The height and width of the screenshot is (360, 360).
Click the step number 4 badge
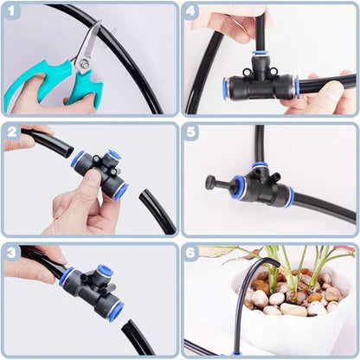(191, 12)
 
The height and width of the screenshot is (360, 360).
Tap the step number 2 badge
(12, 132)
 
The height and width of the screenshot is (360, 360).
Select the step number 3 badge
(12, 252)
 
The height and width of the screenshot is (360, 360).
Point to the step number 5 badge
(191, 132)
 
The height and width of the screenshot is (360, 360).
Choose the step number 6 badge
(191, 252)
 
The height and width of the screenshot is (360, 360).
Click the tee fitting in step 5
(260, 184)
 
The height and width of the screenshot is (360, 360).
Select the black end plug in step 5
(211, 182)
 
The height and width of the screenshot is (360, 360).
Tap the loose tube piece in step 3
(138, 337)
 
